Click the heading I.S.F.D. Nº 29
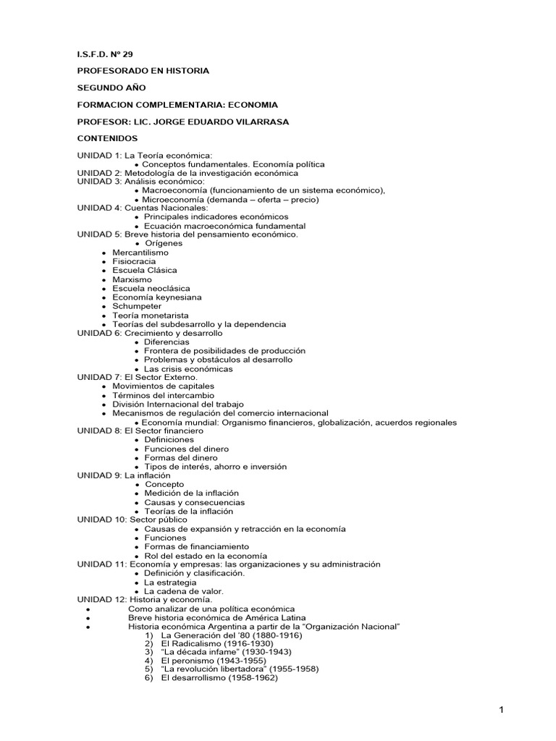[x=105, y=54]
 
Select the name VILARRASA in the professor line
[x=260, y=122]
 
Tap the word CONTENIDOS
[x=107, y=138]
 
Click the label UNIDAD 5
[x=99, y=234]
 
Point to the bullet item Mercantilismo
[x=140, y=253]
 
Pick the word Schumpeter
[x=137, y=306]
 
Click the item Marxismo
[x=132, y=279]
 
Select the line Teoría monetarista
[x=151, y=316]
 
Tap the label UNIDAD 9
[x=99, y=475]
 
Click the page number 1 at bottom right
[x=500, y=711]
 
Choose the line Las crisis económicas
[x=188, y=369]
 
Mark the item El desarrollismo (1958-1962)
[x=219, y=678]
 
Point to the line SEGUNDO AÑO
[x=111, y=88]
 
